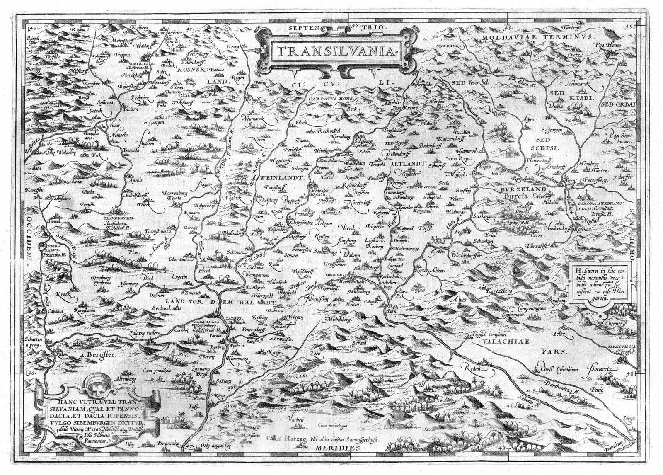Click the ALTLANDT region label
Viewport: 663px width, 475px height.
click(x=406, y=164)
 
